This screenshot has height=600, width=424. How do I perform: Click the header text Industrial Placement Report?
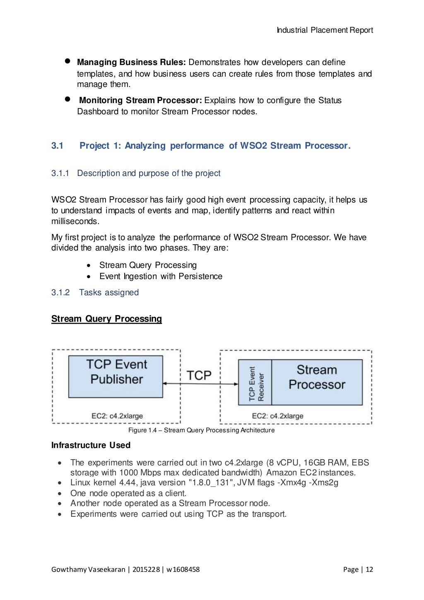[325, 30]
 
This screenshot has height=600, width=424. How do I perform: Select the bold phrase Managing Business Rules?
[131, 63]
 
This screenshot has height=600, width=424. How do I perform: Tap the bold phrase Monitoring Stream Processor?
[140, 101]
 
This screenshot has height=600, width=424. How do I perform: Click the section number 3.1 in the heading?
[57, 146]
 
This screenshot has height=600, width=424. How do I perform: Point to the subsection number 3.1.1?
[60, 173]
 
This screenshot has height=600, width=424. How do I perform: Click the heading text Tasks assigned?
[109, 293]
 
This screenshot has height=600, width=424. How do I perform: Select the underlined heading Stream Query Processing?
[106, 319]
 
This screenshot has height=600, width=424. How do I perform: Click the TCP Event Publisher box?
[116, 376]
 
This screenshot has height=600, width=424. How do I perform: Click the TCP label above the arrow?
[199, 375]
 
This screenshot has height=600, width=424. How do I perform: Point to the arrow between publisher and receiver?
[200, 384]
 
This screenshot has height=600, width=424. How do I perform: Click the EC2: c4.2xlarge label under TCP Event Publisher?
[117, 416]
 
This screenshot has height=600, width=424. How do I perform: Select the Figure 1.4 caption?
[201, 430]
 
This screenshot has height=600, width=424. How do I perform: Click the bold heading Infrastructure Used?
[91, 446]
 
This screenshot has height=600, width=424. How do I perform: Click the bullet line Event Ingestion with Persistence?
[161, 277]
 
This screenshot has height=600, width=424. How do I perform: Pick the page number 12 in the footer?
[369, 570]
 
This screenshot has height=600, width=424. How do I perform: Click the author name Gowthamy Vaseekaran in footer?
[88, 570]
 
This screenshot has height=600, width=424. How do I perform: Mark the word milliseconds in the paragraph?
[75, 222]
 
